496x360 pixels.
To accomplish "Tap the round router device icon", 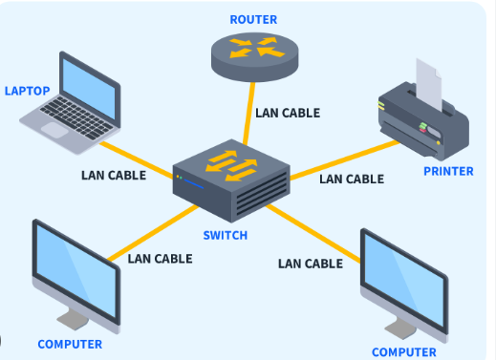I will tap(254, 55).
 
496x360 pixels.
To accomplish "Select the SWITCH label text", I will tap(226, 236).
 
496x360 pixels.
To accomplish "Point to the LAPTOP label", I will tap(27, 92).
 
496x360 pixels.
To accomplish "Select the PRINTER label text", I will tap(448, 172).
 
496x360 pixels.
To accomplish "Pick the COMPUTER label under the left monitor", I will tap(70, 344).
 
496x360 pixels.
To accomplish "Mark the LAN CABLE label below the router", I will tap(288, 113).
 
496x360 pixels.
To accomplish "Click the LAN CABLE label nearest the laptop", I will tap(114, 175).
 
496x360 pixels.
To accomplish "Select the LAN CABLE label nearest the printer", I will tap(352, 179).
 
